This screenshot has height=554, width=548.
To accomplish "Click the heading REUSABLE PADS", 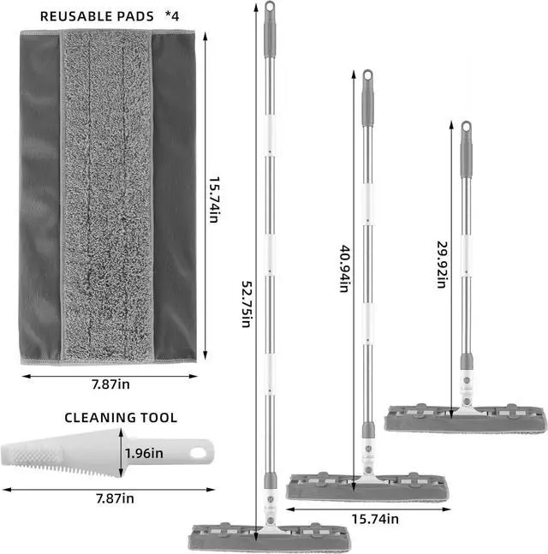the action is (97, 16).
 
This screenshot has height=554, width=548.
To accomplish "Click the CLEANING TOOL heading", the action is (121, 418).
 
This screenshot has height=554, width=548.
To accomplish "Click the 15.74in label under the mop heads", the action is (373, 518).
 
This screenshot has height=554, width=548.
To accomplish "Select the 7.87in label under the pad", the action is (110, 384).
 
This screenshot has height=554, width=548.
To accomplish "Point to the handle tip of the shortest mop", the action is (465, 128).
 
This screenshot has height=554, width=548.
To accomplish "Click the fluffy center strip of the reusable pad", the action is (107, 197).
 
